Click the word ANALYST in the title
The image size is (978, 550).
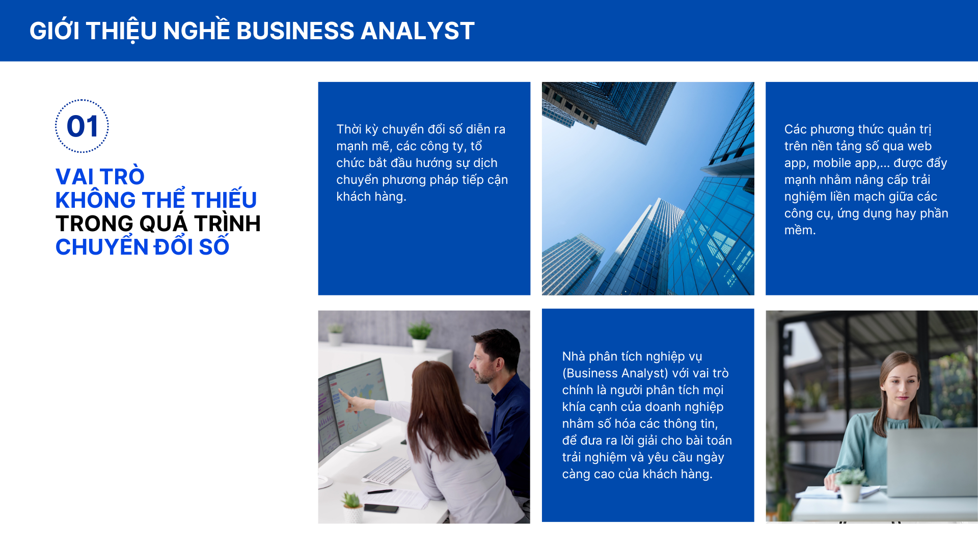417,31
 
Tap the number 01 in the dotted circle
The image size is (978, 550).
82,126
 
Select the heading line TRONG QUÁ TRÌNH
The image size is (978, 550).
158,223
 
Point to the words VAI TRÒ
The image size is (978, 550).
100,177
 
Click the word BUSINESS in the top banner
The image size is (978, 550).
295,31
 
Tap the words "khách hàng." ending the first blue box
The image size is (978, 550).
371,197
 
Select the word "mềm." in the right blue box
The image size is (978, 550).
800,230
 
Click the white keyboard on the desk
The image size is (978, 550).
387,470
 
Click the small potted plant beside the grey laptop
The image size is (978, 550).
850,484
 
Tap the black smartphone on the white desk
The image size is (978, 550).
382,507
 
